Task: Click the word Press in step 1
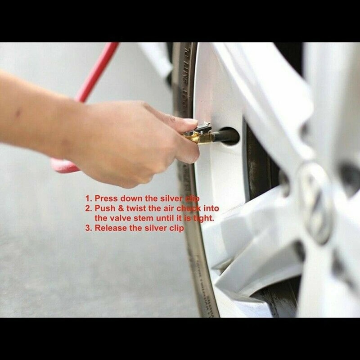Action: point(104,198)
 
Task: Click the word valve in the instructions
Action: point(120,218)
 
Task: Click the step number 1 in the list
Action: point(88,198)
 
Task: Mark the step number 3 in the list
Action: point(88,228)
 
